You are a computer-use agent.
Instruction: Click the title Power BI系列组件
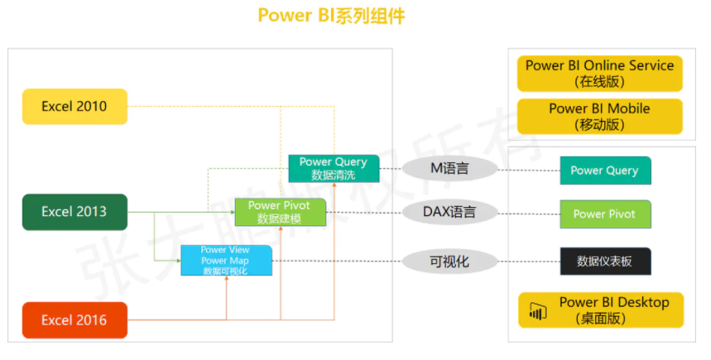(331, 16)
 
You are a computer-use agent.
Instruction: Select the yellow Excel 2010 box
(74, 107)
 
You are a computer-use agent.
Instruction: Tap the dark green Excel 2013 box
(74, 212)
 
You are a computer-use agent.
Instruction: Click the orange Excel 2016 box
(74, 320)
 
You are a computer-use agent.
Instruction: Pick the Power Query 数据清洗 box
(334, 169)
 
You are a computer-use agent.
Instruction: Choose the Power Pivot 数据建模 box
(280, 213)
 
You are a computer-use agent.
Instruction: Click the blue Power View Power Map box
(225, 261)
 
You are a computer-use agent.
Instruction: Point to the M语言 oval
(449, 169)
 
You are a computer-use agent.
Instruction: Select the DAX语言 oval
(449, 213)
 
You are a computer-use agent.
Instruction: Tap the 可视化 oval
(449, 262)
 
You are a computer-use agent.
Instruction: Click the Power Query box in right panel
(605, 170)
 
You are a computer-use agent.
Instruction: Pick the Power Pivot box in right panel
(605, 214)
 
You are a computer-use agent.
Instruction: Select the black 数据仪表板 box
(605, 262)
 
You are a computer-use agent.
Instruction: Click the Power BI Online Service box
(600, 74)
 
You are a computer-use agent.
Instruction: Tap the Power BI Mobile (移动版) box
(600, 117)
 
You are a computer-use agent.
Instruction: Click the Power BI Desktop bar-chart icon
(537, 311)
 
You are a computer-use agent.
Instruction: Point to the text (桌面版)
(613, 319)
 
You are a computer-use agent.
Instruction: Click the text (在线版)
(599, 82)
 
